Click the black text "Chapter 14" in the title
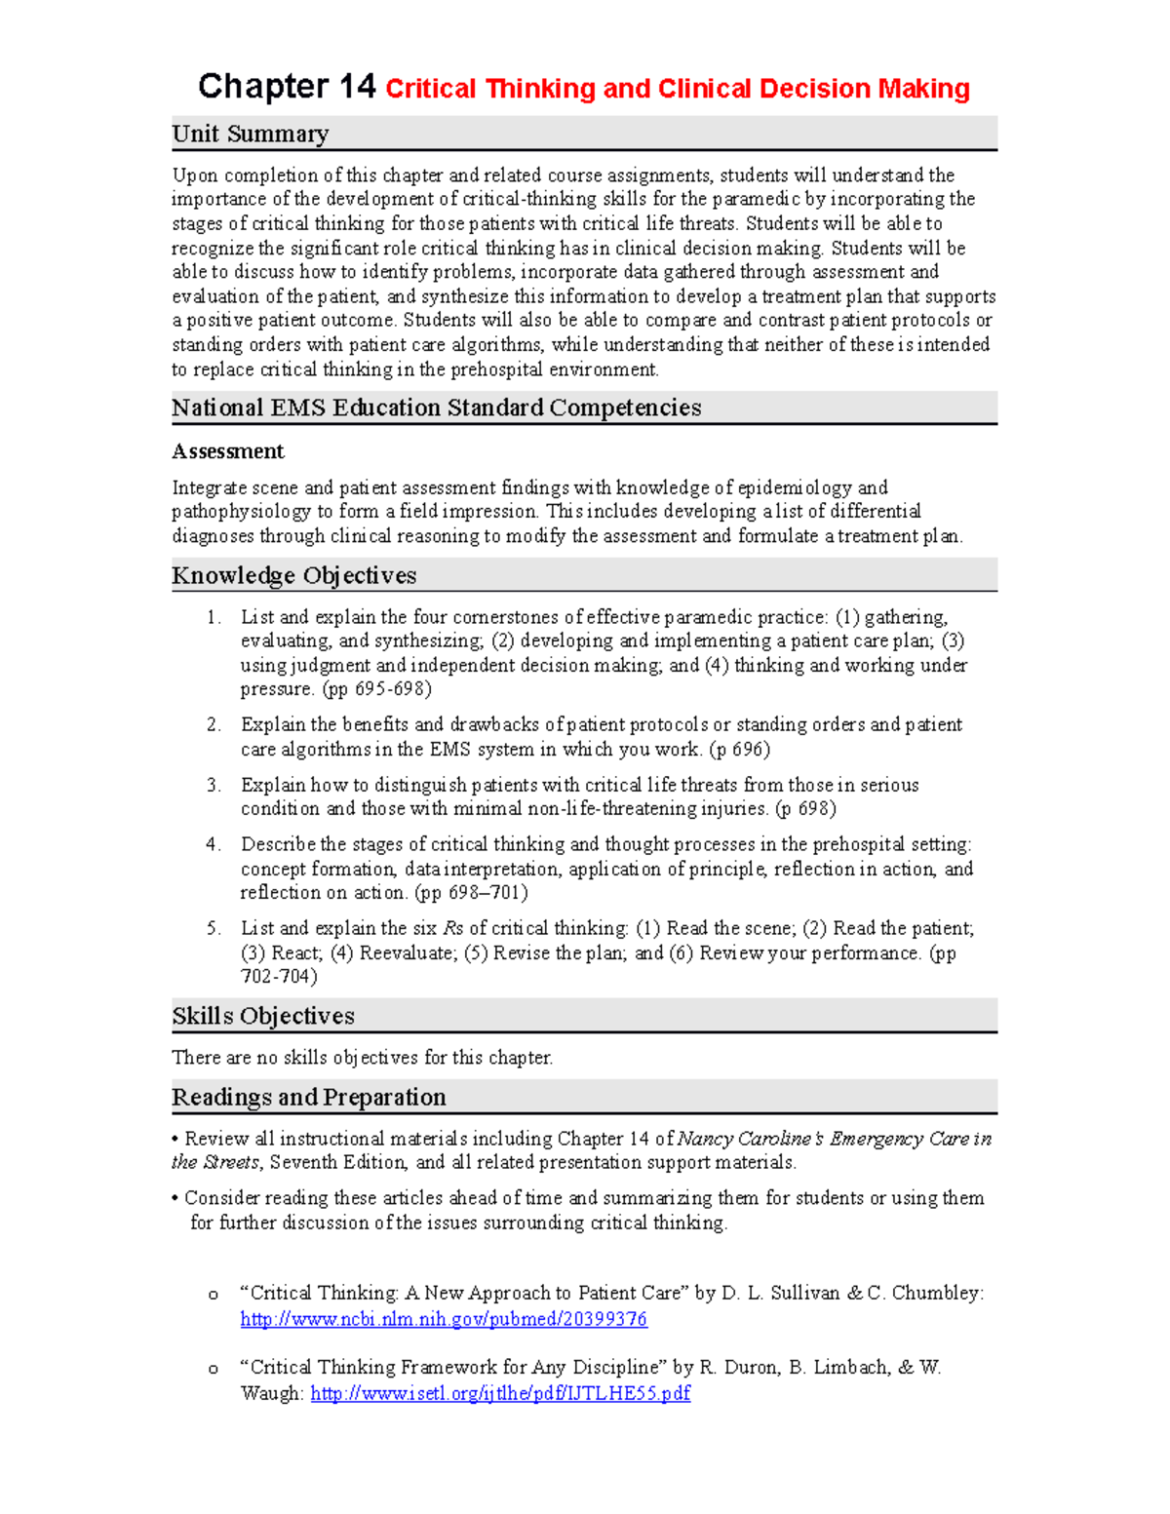(287, 87)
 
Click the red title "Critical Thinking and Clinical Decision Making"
(678, 89)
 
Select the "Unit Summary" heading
(251, 134)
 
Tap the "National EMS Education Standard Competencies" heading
(436, 408)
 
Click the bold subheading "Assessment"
(228, 451)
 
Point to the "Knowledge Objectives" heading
(293, 575)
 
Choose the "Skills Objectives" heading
(263, 1016)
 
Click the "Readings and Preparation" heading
(309, 1097)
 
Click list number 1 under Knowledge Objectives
(214, 617)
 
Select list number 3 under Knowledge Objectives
(214, 785)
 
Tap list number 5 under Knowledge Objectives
(214, 928)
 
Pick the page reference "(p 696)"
(739, 749)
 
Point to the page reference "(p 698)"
(805, 808)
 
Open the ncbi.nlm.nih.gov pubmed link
(444, 1319)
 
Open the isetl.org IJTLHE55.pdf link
(500, 1393)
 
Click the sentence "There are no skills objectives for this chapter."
(363, 1058)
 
